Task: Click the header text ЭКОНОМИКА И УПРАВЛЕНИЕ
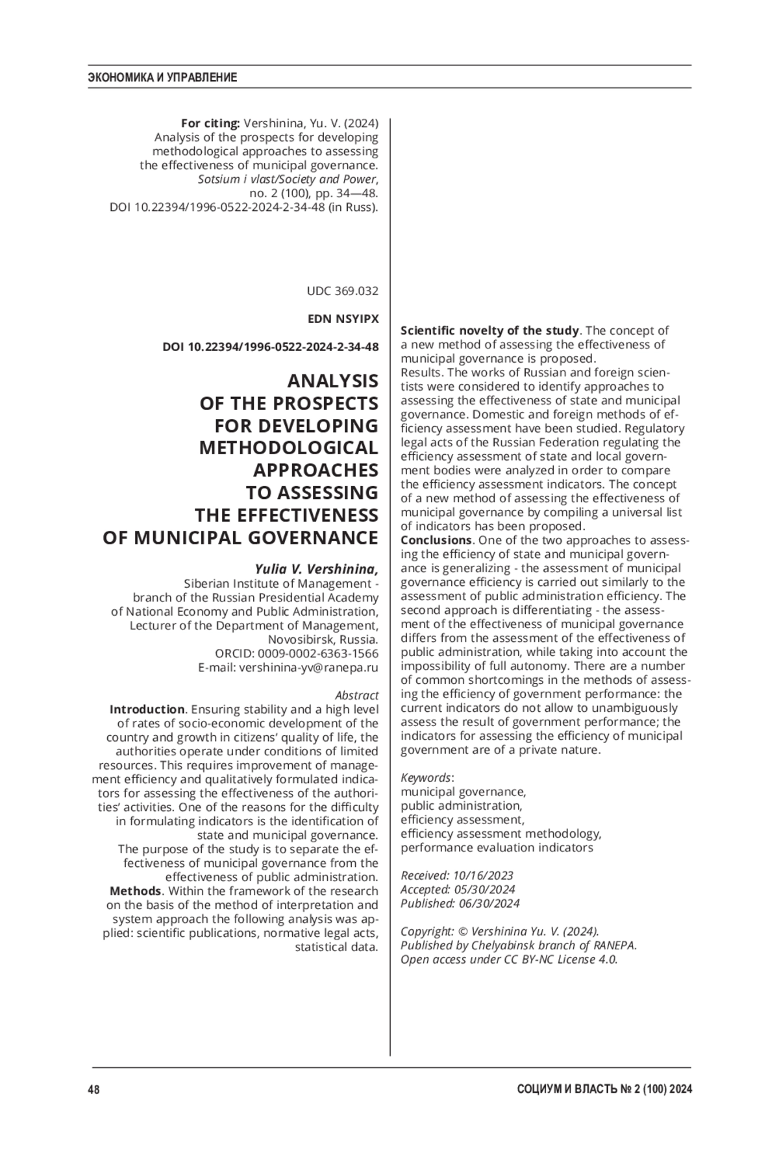(x=162, y=78)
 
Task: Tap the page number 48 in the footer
(x=93, y=1089)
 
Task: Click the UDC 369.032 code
(x=342, y=291)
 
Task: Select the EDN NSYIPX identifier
(x=343, y=319)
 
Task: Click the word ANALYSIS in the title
(x=332, y=381)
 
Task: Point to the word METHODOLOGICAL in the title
(x=288, y=448)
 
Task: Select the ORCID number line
(x=297, y=653)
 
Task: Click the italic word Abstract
(x=356, y=696)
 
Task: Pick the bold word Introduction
(x=147, y=709)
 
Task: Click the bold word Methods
(x=135, y=891)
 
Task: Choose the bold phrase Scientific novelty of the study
(x=489, y=331)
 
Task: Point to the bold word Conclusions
(x=436, y=540)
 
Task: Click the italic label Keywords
(x=426, y=777)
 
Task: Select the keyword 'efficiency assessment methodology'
(x=501, y=834)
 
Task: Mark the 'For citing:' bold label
(x=210, y=123)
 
